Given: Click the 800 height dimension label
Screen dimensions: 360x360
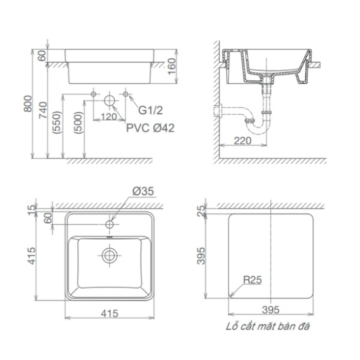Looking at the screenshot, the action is coord(28,104).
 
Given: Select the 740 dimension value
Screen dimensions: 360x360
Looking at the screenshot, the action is coord(43,110).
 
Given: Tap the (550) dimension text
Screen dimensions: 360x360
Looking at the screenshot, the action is coord(56,123).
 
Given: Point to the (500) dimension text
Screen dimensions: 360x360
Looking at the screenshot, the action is coord(78,123).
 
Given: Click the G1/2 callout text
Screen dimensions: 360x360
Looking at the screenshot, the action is coord(150,110).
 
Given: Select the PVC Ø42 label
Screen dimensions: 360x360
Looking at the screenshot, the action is coord(150,128).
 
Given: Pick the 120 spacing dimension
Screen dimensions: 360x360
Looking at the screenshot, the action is coord(109,117).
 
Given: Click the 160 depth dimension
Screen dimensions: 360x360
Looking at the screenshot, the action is coord(172,66).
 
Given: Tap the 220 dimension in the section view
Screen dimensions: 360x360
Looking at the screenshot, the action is coord(243,140).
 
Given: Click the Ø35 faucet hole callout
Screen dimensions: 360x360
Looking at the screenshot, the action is coord(144,191).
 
